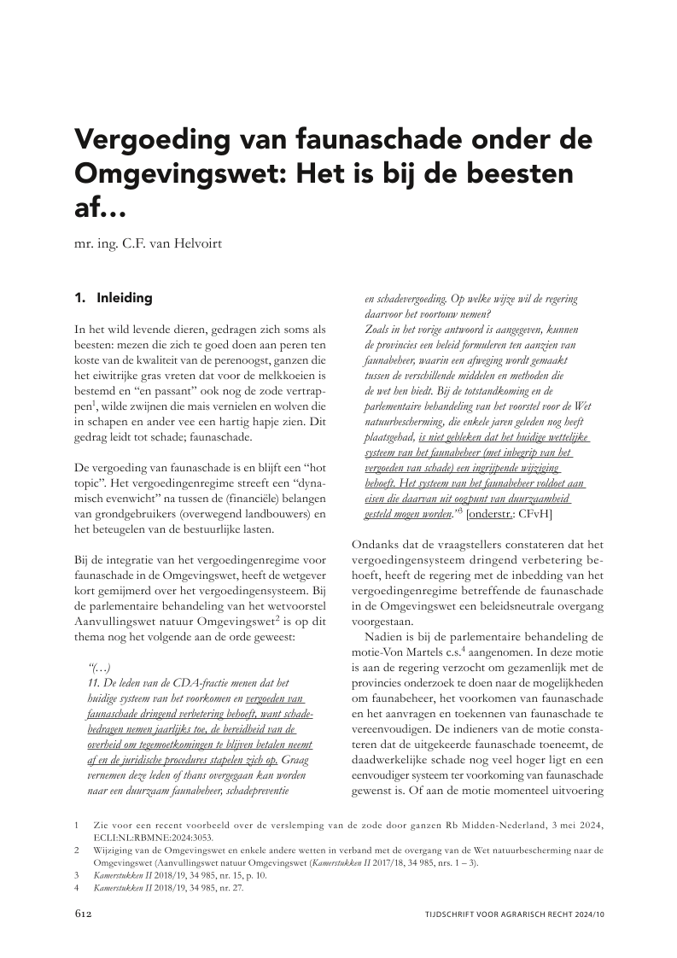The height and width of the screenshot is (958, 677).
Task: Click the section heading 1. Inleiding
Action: (114, 299)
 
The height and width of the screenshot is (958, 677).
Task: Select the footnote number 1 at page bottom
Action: (77, 827)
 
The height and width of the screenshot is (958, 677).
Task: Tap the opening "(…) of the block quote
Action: (100, 666)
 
